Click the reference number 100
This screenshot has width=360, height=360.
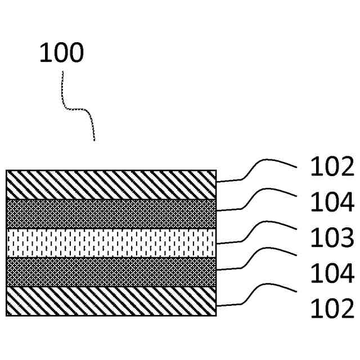point(61,52)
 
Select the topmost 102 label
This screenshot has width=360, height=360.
point(332,167)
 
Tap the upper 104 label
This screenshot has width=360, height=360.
point(332,202)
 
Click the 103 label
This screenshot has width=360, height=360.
point(332,238)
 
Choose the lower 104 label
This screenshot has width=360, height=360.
point(332,274)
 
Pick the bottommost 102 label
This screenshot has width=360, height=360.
point(332,309)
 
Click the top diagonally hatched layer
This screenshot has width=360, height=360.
point(111,184)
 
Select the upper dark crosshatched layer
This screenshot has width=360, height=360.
point(111,214)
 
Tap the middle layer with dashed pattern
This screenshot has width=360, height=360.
point(111,242)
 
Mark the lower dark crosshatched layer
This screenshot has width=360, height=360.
point(111,272)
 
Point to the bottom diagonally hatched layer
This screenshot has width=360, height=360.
point(111,301)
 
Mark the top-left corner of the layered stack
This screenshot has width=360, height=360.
point(6,170)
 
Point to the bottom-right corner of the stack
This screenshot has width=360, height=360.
point(216,316)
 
